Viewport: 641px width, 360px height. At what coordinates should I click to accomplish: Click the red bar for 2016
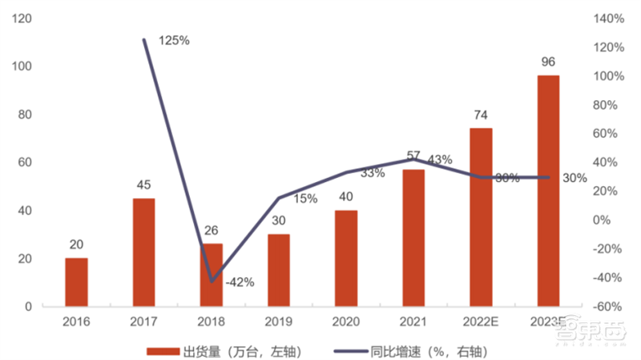point(77,282)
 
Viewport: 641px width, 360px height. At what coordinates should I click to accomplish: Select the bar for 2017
point(144,253)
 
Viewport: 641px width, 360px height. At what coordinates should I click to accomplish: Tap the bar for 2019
point(279,270)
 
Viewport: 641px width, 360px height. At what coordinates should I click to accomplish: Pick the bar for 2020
point(346,258)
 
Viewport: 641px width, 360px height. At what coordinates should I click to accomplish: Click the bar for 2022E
point(481,217)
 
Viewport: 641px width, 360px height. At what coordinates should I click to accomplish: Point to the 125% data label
point(174,40)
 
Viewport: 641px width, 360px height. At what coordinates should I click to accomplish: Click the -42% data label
point(239,281)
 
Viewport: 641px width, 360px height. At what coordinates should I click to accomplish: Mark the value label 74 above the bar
point(481,115)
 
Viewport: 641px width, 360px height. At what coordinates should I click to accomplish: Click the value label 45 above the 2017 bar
point(144,185)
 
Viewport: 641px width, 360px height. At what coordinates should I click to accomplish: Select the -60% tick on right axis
point(607,307)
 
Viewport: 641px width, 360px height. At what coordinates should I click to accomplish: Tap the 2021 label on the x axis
point(413,322)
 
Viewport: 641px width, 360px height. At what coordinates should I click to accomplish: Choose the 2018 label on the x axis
point(212,322)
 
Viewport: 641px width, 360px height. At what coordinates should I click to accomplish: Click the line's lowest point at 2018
point(212,281)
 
